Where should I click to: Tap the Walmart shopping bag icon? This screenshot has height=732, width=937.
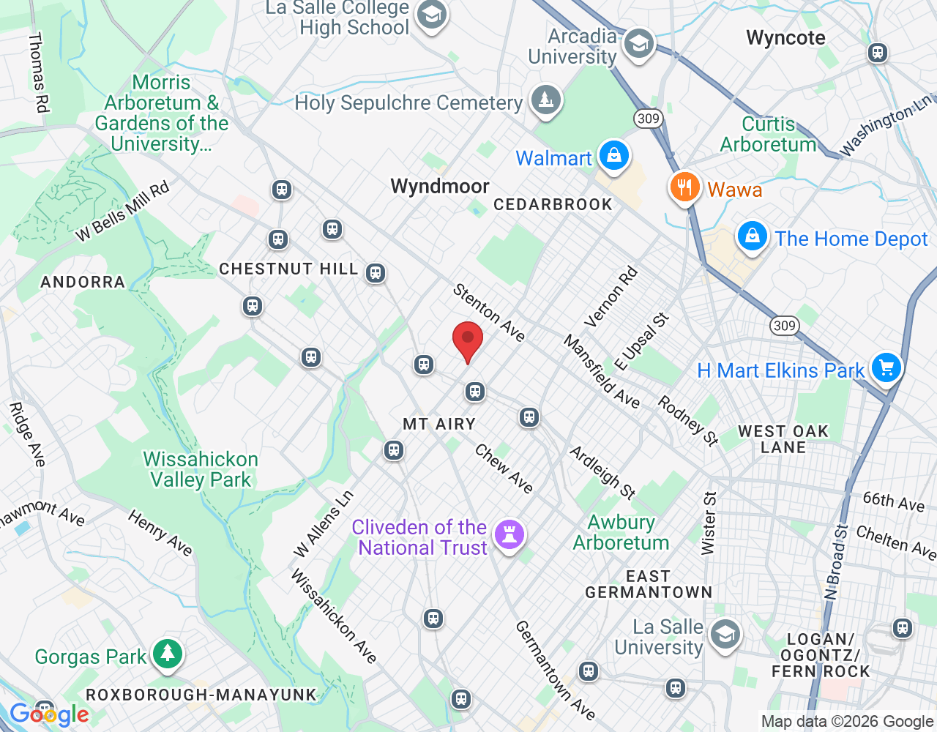(613, 156)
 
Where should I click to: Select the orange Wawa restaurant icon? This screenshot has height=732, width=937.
(684, 187)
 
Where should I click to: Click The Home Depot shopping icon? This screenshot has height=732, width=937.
(752, 236)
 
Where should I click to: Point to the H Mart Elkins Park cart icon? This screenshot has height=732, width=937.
(886, 367)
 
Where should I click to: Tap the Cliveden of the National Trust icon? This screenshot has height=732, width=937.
(509, 534)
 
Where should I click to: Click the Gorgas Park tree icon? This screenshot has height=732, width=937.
(168, 654)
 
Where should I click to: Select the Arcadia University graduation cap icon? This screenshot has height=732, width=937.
(638, 45)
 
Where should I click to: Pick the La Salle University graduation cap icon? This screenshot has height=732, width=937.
(725, 635)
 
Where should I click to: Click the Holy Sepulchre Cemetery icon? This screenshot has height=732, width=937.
(545, 100)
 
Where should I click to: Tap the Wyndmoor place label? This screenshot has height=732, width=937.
(440, 186)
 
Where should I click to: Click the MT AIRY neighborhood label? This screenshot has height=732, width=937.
(439, 424)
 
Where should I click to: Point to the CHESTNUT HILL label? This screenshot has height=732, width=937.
(288, 269)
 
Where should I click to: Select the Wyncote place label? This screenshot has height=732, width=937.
(785, 37)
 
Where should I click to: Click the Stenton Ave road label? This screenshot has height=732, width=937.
(489, 313)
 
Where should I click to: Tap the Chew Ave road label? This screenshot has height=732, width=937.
(504, 468)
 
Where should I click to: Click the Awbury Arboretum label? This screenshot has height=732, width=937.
(621, 532)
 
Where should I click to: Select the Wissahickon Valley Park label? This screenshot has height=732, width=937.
(201, 469)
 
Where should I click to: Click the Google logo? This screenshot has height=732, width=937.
(49, 714)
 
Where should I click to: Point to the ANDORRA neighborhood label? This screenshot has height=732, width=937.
(83, 282)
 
